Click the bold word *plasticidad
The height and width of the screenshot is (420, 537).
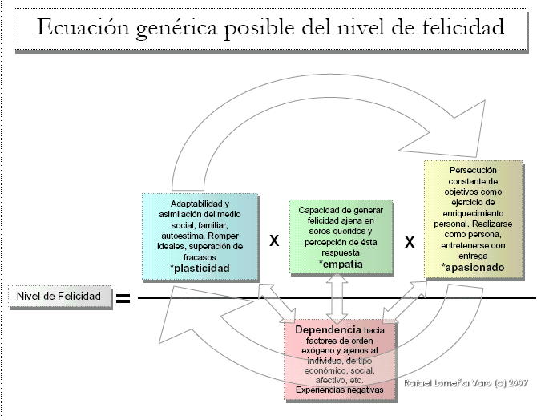[200, 269]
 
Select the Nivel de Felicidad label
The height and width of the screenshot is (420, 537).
[59, 297]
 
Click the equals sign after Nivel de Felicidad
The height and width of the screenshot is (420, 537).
[123, 300]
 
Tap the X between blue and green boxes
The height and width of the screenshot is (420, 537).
[273, 240]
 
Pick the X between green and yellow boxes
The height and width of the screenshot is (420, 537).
[410, 240]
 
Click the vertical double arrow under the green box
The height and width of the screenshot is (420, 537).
[337, 297]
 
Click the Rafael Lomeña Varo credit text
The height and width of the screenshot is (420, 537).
[464, 383]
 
